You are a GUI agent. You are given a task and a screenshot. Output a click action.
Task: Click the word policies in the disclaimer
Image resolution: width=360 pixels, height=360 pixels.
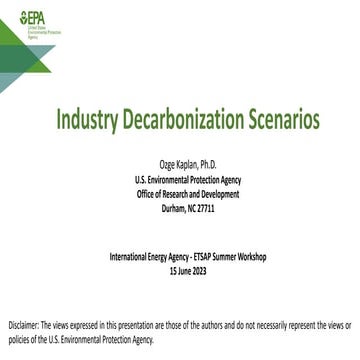[18, 340]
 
